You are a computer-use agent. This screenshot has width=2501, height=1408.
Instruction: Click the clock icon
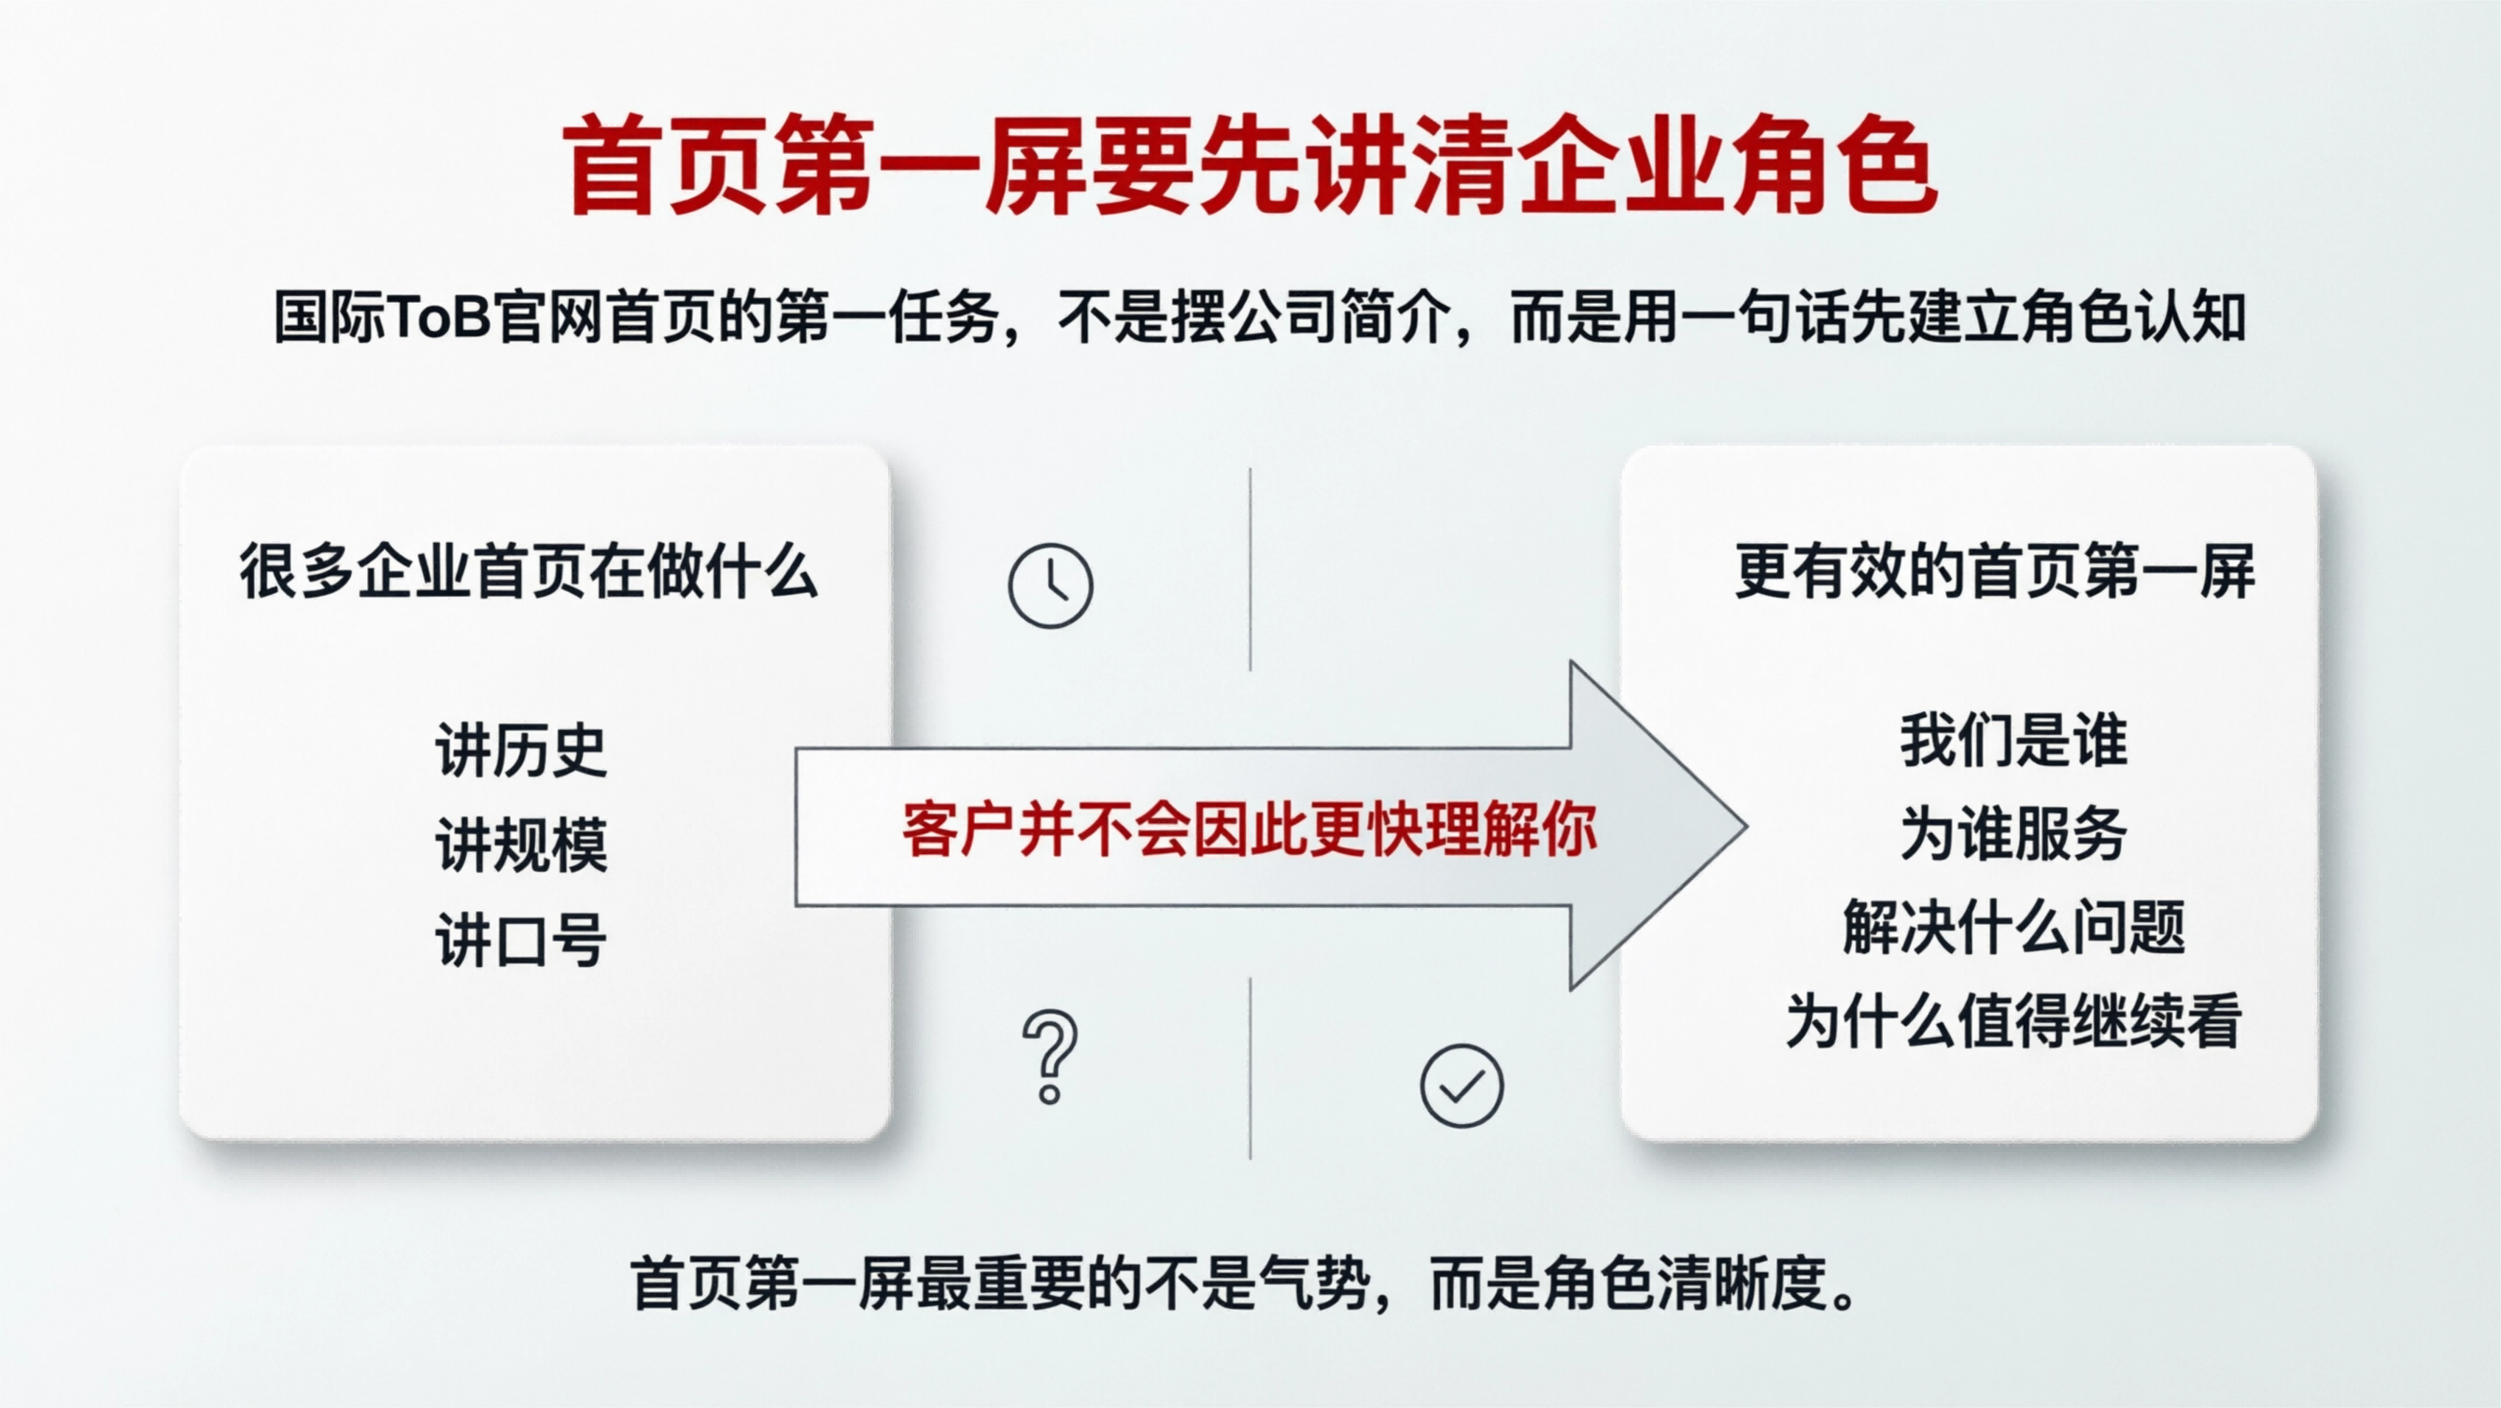click(x=1051, y=586)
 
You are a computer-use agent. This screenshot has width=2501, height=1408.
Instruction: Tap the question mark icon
click(x=1050, y=1058)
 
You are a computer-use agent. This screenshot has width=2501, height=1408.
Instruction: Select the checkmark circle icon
click(x=1462, y=1086)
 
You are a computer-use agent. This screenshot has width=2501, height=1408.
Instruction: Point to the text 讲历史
click(x=521, y=750)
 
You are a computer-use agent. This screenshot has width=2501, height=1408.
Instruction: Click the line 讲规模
click(x=521, y=845)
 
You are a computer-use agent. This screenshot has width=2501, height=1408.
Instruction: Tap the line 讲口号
click(x=521, y=940)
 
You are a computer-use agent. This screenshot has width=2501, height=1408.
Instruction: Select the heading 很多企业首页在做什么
click(x=530, y=572)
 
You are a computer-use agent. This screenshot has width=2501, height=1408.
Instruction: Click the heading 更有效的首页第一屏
click(x=1994, y=572)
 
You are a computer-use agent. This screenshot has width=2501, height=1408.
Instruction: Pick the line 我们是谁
click(x=2014, y=741)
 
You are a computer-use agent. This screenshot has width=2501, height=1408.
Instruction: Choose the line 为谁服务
click(x=2014, y=834)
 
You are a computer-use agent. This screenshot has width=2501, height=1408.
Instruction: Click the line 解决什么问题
click(x=2014, y=928)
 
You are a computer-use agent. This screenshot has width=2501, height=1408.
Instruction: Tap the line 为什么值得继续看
click(x=2014, y=1021)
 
